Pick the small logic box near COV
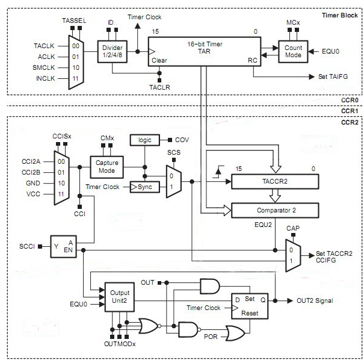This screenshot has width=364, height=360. point(144,140)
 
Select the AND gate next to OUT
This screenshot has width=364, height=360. point(209,285)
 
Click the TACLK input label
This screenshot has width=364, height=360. point(45,46)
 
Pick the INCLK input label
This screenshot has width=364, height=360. point(45,79)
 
